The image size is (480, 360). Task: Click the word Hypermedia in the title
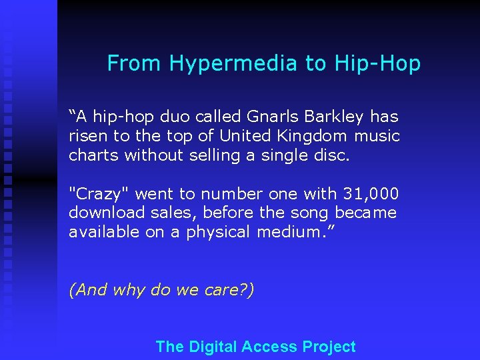point(234,63)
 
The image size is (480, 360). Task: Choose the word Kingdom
point(315,136)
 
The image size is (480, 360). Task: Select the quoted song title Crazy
point(102,194)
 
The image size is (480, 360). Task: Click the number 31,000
point(371,194)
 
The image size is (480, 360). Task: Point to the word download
point(100,213)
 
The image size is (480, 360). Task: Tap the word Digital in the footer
point(213,347)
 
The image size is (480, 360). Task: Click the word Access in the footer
point(269,347)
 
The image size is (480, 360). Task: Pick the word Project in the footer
point(329,347)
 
